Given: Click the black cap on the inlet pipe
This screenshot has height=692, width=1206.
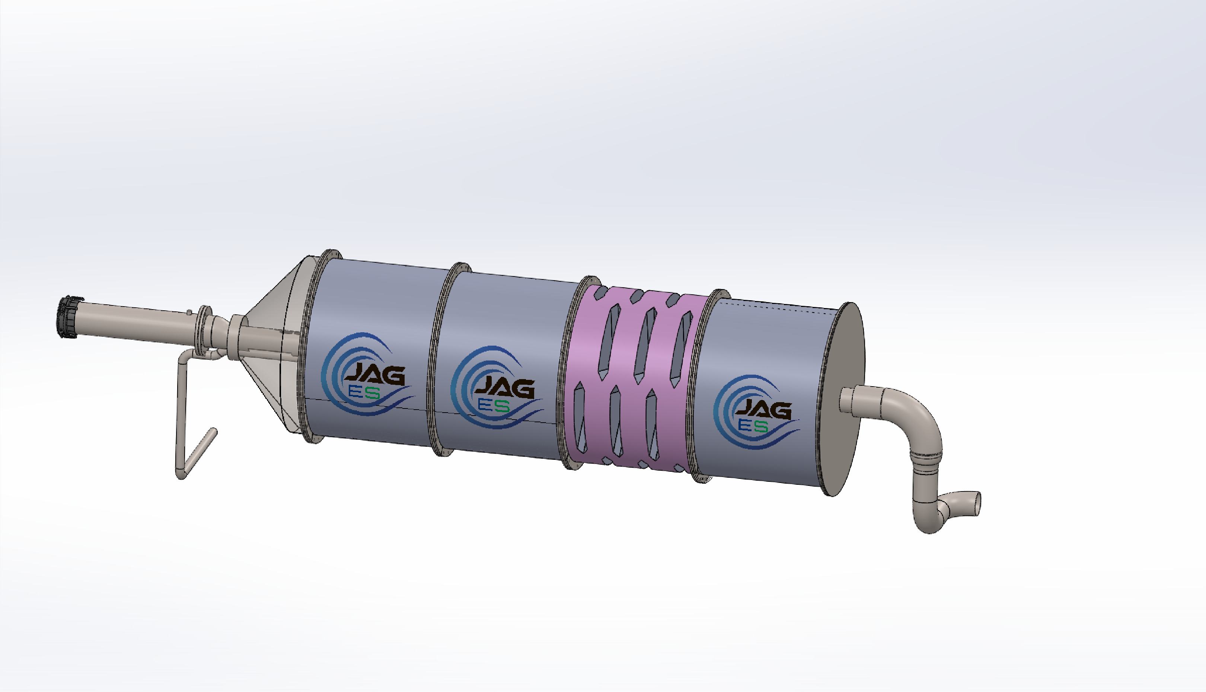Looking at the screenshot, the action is tap(68, 317).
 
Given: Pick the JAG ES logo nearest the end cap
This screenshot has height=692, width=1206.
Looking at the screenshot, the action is tap(757, 412).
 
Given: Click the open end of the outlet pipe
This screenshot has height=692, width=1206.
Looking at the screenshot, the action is tap(974, 503).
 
